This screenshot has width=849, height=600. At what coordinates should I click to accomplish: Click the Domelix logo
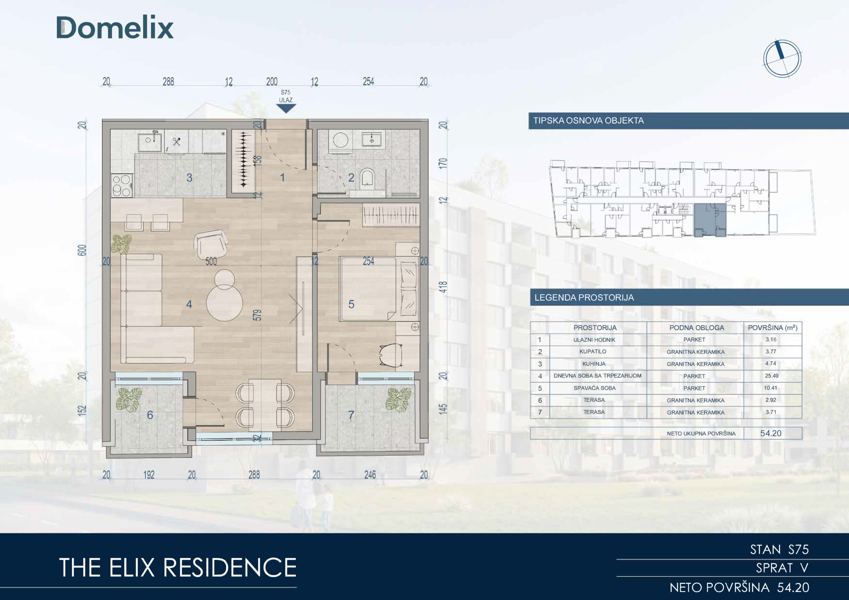point(115,28)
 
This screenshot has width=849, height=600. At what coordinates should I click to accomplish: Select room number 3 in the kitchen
point(189,178)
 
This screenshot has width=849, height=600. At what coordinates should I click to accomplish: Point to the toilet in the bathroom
point(367,177)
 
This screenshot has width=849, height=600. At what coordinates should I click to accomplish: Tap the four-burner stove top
point(122,185)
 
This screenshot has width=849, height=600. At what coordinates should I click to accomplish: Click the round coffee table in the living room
point(225,304)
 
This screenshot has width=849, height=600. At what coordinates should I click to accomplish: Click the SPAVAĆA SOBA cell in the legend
point(595,388)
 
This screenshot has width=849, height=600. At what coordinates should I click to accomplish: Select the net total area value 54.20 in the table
point(771,433)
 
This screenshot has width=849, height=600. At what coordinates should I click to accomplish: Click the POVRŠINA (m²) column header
point(773,328)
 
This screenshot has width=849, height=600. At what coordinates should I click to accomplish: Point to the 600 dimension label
point(82,250)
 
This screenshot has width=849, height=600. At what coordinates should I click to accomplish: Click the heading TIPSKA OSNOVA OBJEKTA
point(588,121)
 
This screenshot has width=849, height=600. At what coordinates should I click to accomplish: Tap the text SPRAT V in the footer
point(782,568)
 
